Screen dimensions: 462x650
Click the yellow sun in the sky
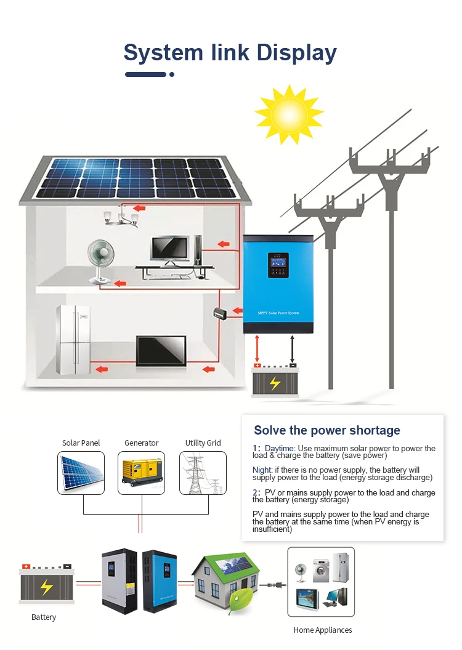(289, 114)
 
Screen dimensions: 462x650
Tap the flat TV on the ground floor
(161, 350)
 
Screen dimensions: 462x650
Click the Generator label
(141, 443)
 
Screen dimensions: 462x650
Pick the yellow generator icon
(142, 472)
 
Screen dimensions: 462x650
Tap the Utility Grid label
(203, 443)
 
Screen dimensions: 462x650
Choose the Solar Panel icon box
(81, 473)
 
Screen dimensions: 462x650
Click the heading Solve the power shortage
(327, 430)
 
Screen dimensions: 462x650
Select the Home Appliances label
(322, 630)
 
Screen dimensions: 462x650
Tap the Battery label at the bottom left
(44, 617)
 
